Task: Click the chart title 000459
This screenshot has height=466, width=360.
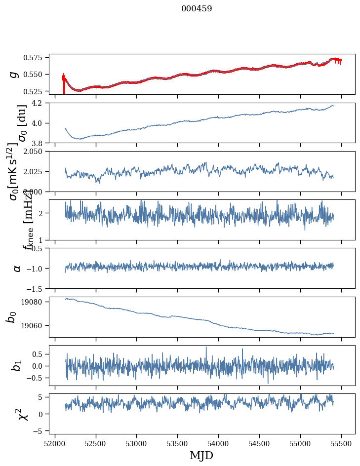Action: pyautogui.click(x=197, y=9)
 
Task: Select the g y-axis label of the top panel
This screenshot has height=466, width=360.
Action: pyautogui.click(x=14, y=74)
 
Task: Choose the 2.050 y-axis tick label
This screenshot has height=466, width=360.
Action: pyautogui.click(x=36, y=151)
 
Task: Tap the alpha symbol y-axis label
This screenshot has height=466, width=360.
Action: pyautogui.click(x=17, y=268)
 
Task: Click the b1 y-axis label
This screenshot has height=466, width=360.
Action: pyautogui.click(x=17, y=365)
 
